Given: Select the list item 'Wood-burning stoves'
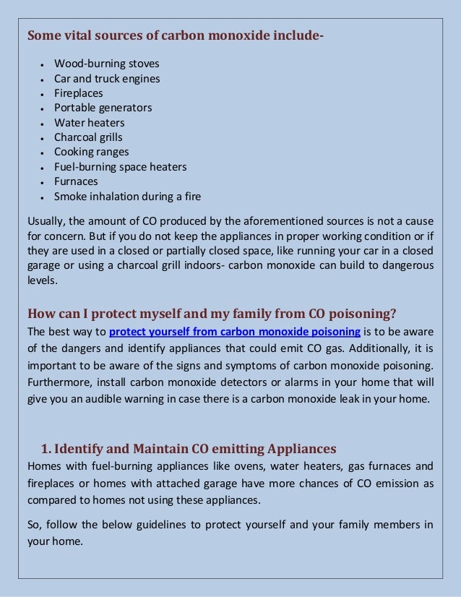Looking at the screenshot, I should pos(106,64).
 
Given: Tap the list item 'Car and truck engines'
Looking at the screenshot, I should pos(107,79).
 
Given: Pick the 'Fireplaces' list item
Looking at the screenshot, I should pos(78,93).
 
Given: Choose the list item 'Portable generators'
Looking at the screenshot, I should pos(103,108).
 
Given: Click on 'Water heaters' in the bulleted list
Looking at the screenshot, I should pos(89,123).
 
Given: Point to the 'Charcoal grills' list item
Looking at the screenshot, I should pos(88,137).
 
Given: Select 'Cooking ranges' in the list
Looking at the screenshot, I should pos(91,152).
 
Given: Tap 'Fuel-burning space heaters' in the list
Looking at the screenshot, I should pos(120,167).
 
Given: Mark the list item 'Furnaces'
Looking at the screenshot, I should pos(75,181).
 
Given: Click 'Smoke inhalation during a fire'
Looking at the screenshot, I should pos(127,197).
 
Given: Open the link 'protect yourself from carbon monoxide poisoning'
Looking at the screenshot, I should pos(235,332).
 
